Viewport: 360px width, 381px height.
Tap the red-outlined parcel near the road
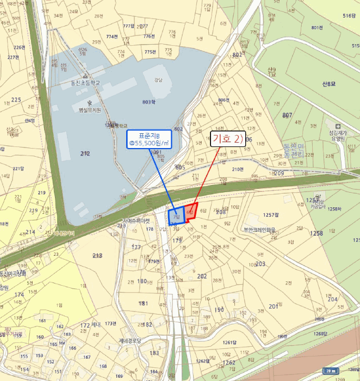tap(190, 214)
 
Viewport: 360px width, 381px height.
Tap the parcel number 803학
tap(148, 102)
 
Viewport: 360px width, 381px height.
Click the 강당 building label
tap(158, 79)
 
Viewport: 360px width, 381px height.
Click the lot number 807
tap(287, 115)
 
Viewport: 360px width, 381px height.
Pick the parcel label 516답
tap(349, 16)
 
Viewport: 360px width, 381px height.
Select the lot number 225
tap(16, 100)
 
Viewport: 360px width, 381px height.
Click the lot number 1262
tap(229, 362)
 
